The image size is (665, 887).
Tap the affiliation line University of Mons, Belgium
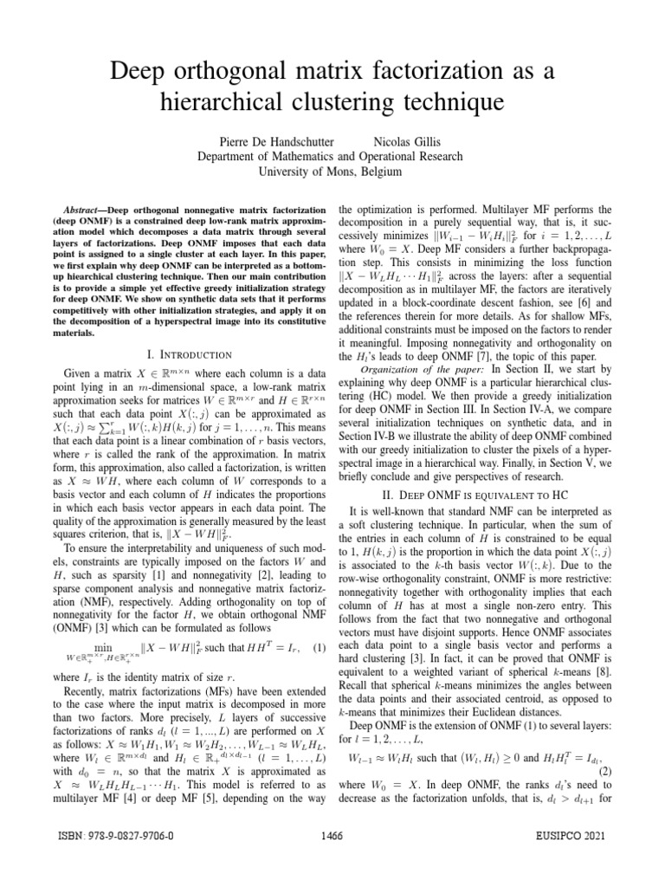tap(332, 172)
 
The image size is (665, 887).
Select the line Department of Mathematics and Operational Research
tap(332, 156)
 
